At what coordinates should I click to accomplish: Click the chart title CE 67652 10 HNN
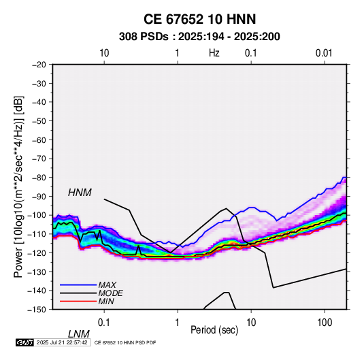click(x=199, y=19)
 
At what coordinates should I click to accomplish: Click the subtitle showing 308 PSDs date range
click(x=199, y=37)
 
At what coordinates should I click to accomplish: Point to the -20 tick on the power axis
click(x=39, y=65)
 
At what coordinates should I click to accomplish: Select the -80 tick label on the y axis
click(x=39, y=178)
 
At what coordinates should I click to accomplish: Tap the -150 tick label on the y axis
click(x=37, y=310)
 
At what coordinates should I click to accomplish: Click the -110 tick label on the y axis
click(x=37, y=234)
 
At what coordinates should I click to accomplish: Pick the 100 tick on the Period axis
click(x=325, y=323)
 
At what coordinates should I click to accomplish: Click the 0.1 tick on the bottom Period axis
click(x=104, y=323)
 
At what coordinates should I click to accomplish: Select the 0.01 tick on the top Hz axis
click(x=324, y=53)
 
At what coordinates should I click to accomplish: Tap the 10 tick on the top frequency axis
click(x=104, y=53)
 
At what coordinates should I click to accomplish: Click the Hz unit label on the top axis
click(x=214, y=53)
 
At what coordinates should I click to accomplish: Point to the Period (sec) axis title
click(x=214, y=330)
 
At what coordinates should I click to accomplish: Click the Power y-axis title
click(x=18, y=186)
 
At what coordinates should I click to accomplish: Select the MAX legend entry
click(x=107, y=284)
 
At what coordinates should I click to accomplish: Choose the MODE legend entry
click(x=110, y=293)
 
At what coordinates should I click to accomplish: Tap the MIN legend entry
click(x=106, y=301)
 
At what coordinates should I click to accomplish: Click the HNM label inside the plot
click(x=80, y=193)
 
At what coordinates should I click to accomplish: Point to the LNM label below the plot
click(x=79, y=334)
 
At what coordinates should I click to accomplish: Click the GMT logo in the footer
click(x=25, y=342)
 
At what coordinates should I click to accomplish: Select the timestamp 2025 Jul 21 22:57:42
click(x=62, y=342)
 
